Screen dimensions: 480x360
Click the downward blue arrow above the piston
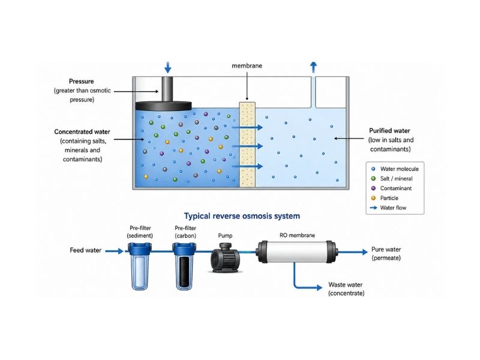pos(168,67)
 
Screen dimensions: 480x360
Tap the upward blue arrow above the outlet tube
pos(313,67)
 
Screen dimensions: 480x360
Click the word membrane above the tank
pos(247,65)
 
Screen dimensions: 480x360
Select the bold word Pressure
pos(81,82)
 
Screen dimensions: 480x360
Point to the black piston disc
pos(163,106)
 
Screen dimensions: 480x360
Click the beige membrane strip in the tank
pos(247,145)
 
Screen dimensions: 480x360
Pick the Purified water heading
pos(389,131)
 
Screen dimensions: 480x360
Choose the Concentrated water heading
pos(82,131)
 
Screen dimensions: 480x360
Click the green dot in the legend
pos(373,178)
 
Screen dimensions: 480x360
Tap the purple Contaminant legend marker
pos(373,188)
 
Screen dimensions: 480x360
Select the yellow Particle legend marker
pos(373,198)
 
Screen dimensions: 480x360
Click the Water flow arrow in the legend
pos(373,208)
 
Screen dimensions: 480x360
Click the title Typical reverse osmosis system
pos(242,216)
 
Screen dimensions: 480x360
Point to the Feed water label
pos(85,250)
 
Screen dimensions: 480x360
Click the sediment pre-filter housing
pos(140,266)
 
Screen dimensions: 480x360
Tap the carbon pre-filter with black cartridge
pos(184,266)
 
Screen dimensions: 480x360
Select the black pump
pos(226,258)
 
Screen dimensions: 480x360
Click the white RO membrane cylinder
pos(297,251)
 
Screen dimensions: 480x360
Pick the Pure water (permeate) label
pos(386,253)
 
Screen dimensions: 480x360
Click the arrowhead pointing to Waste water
pos(319,287)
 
